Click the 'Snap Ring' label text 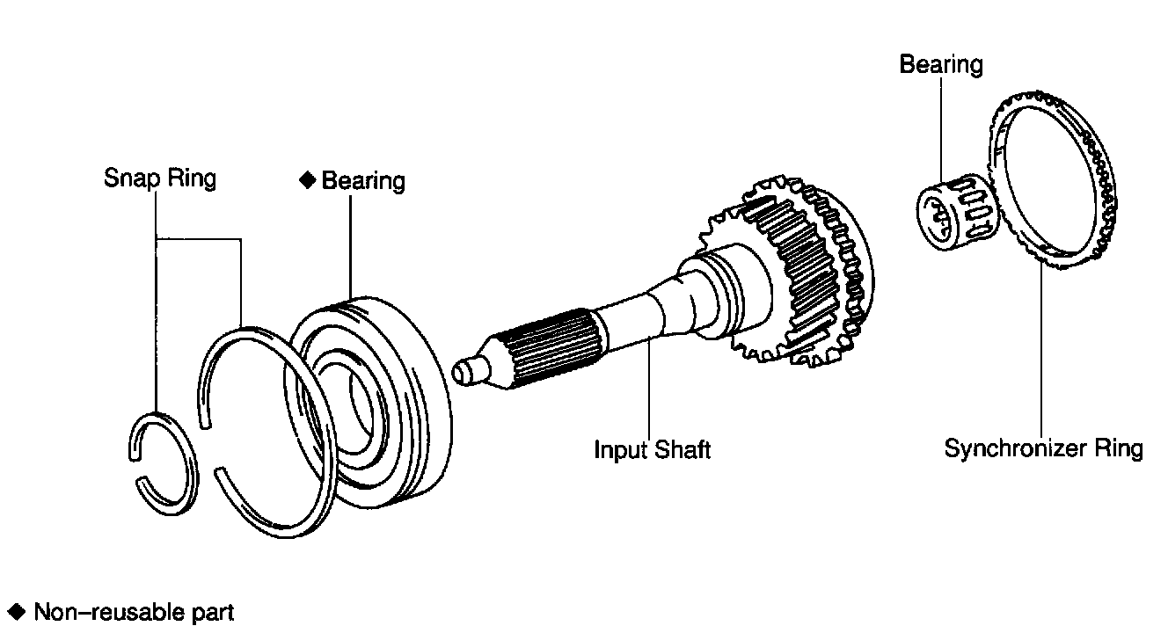click(160, 178)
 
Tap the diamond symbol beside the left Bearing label click(308, 180)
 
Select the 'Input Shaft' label click(653, 450)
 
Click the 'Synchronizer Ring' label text click(1044, 448)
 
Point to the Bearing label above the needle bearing click(941, 65)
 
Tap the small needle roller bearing click(957, 212)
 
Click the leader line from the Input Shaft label click(649, 389)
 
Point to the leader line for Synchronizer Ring click(1041, 348)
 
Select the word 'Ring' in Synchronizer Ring click(1119, 448)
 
